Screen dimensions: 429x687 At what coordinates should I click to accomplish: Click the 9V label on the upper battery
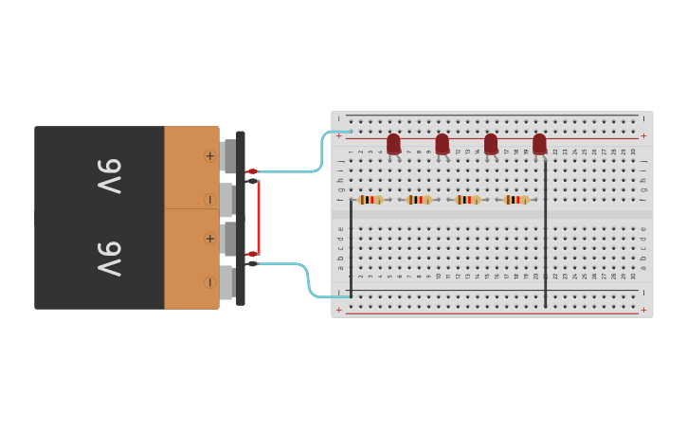(110, 176)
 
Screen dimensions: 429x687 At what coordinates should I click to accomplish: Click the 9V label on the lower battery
(110, 259)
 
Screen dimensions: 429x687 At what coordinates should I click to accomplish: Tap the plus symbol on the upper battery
(209, 155)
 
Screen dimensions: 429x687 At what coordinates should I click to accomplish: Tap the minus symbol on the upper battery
(209, 200)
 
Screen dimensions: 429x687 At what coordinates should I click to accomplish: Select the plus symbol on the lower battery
(209, 239)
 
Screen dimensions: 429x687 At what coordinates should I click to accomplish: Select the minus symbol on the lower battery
(209, 282)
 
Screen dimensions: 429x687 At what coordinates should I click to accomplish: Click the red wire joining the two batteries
(259, 213)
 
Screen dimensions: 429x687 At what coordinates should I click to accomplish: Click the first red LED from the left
(393, 144)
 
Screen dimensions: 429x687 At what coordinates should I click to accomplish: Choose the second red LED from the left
(443, 144)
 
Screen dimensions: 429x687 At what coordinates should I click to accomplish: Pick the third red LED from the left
(491, 144)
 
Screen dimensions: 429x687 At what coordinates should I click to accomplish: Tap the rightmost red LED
(539, 144)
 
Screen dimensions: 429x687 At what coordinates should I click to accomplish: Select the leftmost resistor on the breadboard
(370, 200)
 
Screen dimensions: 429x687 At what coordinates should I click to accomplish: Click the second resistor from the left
(418, 200)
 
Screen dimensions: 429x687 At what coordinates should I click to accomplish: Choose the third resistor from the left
(467, 200)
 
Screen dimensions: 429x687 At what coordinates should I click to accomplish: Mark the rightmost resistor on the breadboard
(515, 200)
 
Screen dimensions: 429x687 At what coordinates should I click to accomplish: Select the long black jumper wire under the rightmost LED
(545, 237)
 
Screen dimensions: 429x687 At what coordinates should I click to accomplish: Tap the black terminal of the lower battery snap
(252, 263)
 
